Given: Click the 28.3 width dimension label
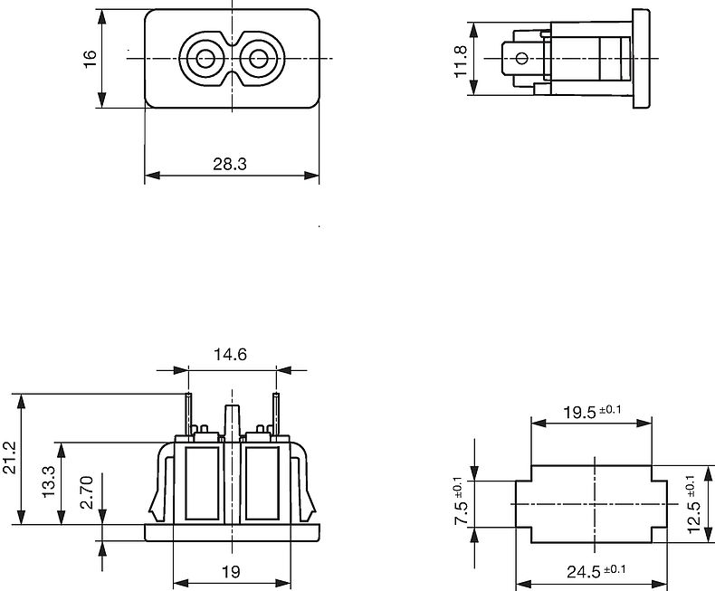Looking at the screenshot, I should click(231, 163).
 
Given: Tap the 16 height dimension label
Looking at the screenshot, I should click(90, 61).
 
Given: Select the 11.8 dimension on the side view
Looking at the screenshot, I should click(461, 62).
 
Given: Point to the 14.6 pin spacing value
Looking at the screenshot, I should click(230, 355).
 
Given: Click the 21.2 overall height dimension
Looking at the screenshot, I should click(9, 459).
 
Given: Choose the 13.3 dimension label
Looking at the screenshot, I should click(49, 482).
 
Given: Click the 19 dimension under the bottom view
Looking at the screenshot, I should click(230, 571).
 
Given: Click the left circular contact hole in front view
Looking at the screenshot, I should click(204, 61).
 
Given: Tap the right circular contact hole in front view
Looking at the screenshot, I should click(260, 61).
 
